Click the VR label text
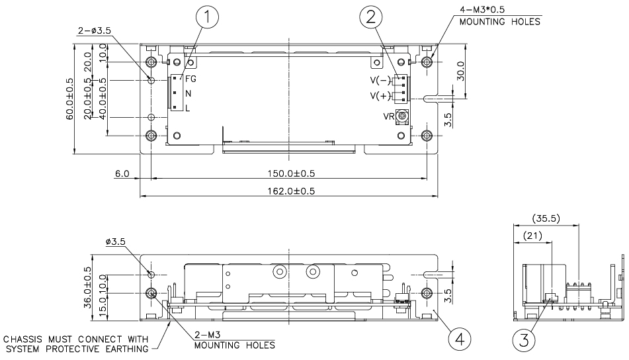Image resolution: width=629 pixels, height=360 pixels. pyautogui.click(x=389, y=116)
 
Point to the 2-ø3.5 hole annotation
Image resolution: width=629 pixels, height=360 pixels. pyautogui.click(x=90, y=30)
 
